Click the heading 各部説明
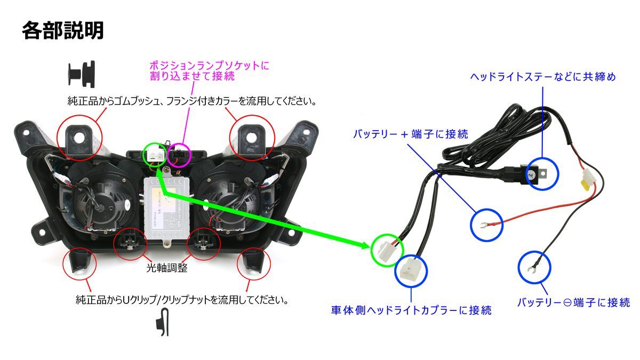tap(62, 30)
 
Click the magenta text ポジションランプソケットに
tap(210, 66)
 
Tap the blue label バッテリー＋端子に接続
tap(411, 134)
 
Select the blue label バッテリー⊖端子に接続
tap(574, 302)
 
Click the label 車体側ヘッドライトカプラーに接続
tap(411, 310)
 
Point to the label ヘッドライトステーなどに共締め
tap(543, 77)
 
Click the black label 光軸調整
tap(167, 268)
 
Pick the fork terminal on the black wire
tap(531, 269)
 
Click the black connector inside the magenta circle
tap(179, 156)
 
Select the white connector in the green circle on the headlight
tap(155, 155)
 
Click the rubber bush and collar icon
tap(82, 74)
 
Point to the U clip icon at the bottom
tap(163, 322)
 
